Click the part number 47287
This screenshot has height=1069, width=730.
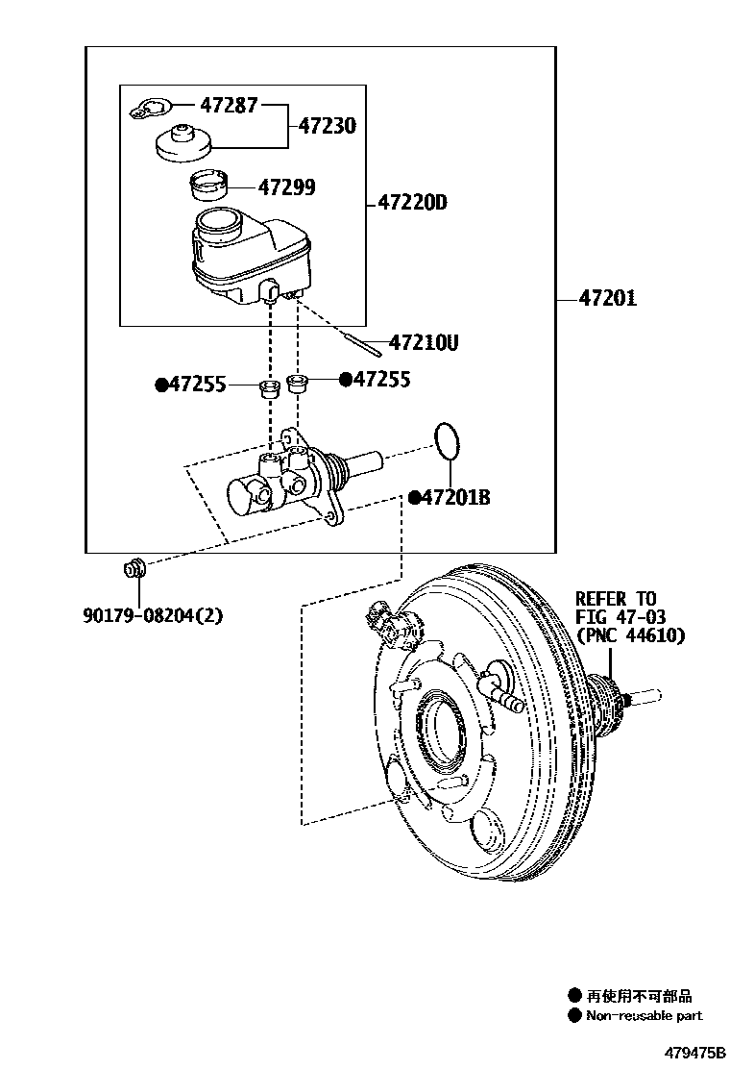(x=228, y=105)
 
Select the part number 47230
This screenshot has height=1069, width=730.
(x=327, y=126)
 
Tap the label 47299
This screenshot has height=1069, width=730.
(x=285, y=187)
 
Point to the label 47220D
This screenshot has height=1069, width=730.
(x=412, y=204)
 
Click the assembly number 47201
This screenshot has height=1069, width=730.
(x=607, y=299)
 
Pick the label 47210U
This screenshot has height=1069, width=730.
(x=424, y=342)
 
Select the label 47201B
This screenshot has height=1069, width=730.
(x=455, y=497)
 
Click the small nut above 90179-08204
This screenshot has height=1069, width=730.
(x=134, y=568)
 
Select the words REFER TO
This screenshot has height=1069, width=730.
(x=616, y=599)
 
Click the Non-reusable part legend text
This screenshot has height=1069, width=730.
(x=644, y=1015)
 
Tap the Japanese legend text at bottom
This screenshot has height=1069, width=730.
(x=639, y=996)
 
